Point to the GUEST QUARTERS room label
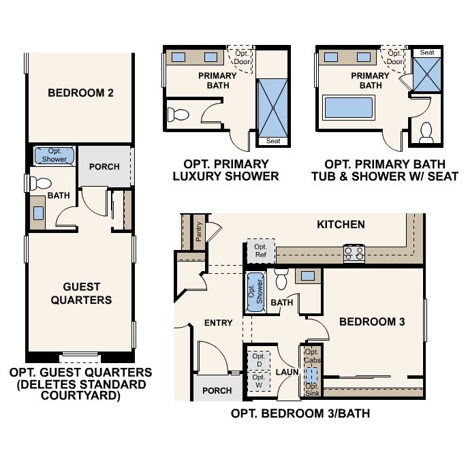pos(80,294)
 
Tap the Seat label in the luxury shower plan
pos(272,141)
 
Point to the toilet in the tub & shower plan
pos(427,131)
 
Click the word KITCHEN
pos(341,224)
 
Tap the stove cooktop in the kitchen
pos(354,253)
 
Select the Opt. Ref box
pos(260,251)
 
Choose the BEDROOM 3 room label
pos(372,322)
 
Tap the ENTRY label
pos(218,323)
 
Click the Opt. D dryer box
pos(258,360)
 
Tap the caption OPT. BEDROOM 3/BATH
pos(300,414)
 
